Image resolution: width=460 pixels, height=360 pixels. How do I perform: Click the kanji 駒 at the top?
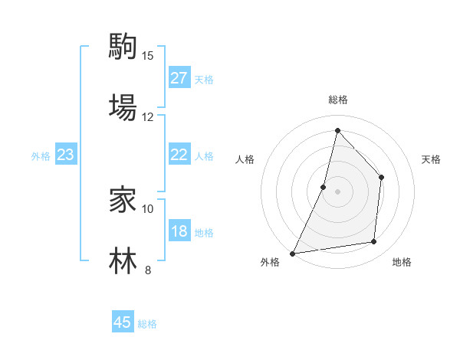point(123,47)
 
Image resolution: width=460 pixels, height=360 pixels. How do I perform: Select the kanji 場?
point(123,107)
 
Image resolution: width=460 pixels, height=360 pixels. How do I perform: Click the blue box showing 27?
point(179,78)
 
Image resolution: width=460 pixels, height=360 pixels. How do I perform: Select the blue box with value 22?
point(179,155)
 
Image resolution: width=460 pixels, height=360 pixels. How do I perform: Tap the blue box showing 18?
point(179,232)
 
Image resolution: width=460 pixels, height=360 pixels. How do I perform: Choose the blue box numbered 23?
point(66,155)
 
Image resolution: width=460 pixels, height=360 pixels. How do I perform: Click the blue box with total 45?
point(123,322)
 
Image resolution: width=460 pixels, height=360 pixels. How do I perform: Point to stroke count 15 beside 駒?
point(148,56)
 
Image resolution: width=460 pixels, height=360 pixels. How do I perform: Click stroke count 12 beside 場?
point(148,116)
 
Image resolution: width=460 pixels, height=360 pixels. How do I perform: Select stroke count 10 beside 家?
point(148,208)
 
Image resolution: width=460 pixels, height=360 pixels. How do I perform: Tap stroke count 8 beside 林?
point(148,270)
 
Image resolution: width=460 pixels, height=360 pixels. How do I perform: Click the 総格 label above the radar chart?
point(338,100)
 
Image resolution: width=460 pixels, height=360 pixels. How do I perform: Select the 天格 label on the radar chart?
point(431,159)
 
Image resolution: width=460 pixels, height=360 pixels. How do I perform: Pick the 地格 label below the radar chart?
point(402,262)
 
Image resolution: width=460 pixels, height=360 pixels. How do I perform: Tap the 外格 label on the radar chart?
point(270,262)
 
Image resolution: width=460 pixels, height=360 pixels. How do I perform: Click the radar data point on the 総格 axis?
point(337,130)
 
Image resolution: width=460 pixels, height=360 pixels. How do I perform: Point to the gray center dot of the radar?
point(337,191)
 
